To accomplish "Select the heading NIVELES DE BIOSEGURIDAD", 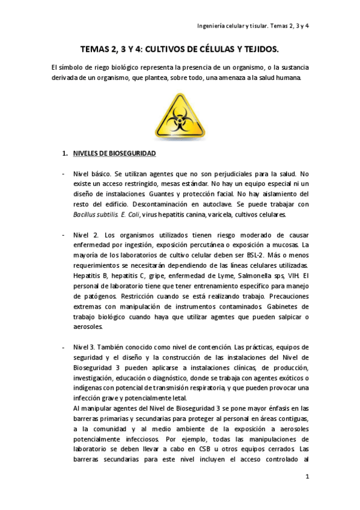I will click(x=114, y=154).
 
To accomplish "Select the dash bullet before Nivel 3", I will click(x=64, y=348).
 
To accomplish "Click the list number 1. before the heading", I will click(x=66, y=154).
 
